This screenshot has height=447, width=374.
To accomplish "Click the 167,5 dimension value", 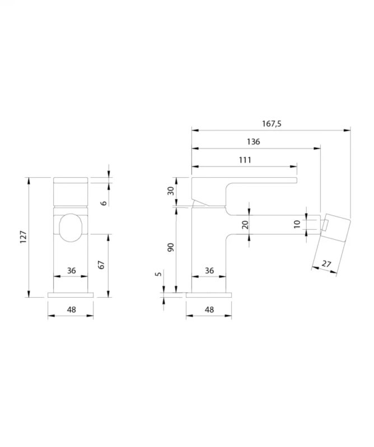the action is click(272, 123).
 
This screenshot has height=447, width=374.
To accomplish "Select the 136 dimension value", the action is click(254, 142).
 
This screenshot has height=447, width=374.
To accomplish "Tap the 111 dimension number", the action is click(245, 160).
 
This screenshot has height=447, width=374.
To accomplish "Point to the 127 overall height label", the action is click(23, 237).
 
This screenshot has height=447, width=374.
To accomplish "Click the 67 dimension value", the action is click(101, 265).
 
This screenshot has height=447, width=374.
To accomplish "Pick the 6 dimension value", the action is click(104, 203).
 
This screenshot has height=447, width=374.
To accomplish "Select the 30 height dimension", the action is click(171, 191).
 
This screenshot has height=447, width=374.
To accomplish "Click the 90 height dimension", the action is click(171, 247).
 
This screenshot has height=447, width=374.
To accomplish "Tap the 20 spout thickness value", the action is click(245, 225).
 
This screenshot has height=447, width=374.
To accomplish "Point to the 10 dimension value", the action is click(297, 224).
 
